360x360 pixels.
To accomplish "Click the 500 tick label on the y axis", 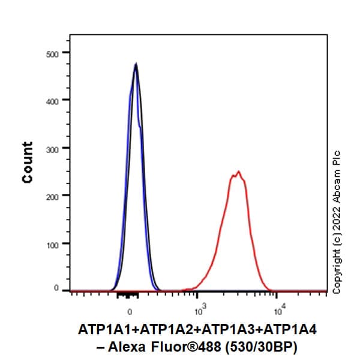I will tap(52, 54).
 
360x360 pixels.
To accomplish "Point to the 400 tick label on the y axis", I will tap(52, 101).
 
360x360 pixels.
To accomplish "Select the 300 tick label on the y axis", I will tap(52, 149).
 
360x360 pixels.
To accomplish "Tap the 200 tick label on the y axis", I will tap(52, 196).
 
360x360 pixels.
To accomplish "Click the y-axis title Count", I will tap(28, 163).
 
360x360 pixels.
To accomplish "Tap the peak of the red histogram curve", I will tap(239, 172).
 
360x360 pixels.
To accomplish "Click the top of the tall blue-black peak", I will tap(136, 64).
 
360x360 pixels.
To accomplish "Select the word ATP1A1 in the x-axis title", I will tap(101, 329).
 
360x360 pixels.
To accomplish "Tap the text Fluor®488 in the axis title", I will tap(182, 347).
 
